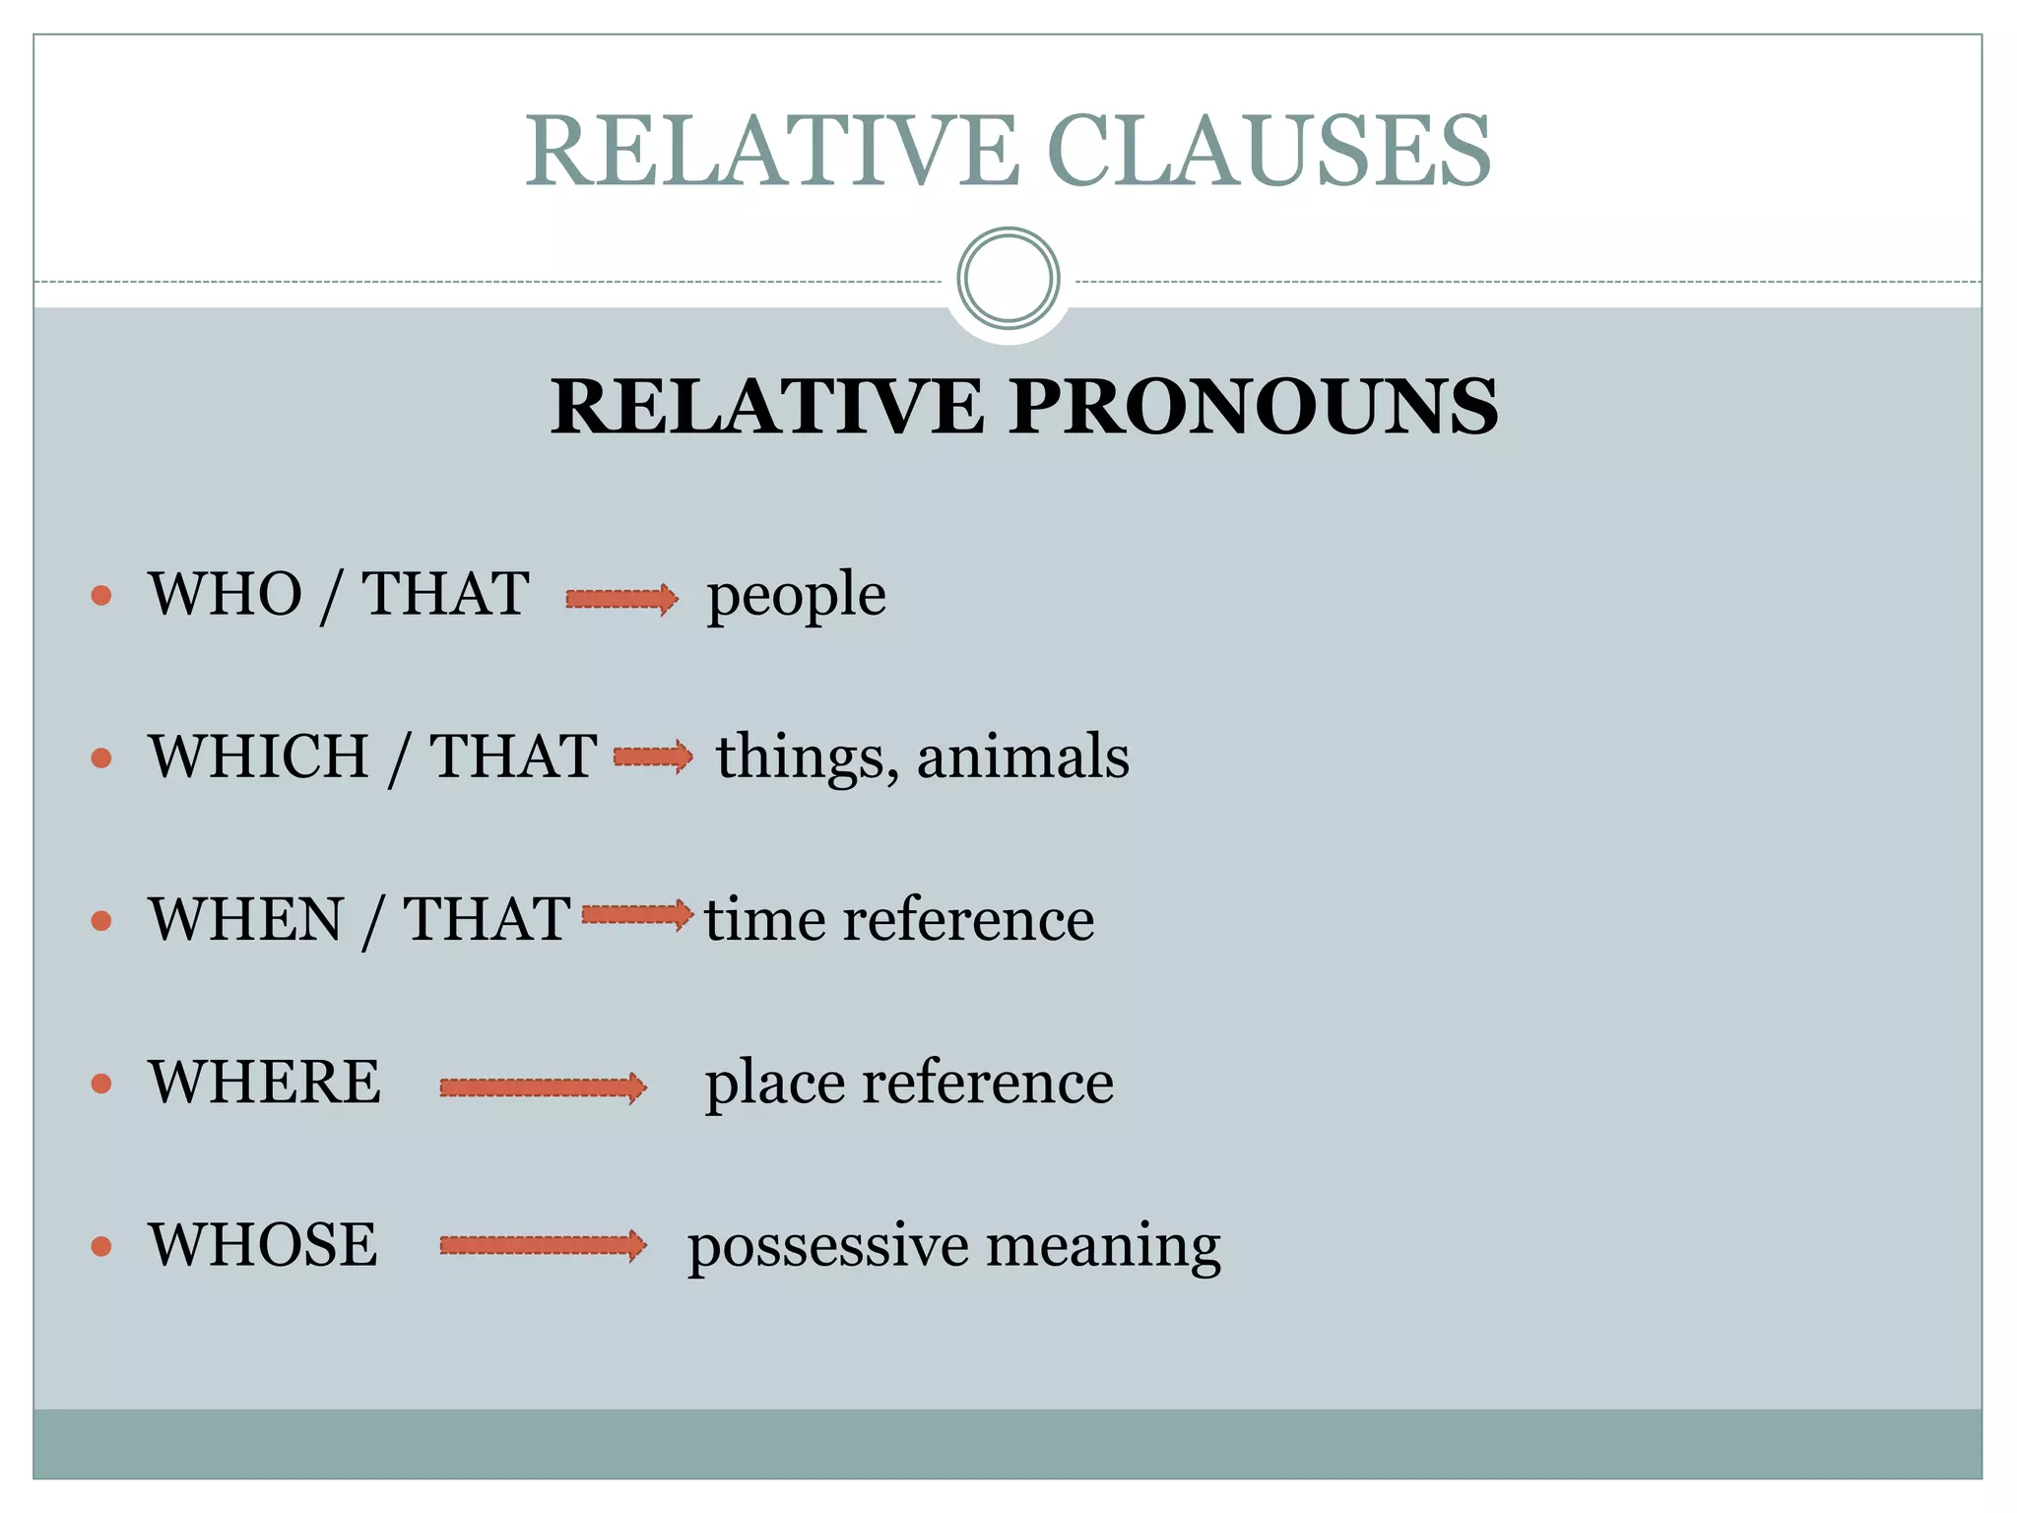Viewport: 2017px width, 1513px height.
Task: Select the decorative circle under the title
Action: pos(1008,278)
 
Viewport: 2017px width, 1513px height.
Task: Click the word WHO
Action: pos(226,594)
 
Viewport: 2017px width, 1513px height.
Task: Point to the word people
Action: pos(796,596)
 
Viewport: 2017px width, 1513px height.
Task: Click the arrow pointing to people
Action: pos(621,598)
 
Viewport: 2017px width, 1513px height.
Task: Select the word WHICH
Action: pos(258,756)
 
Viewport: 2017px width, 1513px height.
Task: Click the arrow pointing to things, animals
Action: pos(653,756)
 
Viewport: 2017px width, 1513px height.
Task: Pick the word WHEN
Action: pos(246,919)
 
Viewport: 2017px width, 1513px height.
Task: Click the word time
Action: pos(764,919)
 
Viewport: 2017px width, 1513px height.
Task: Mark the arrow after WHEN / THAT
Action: pos(637,915)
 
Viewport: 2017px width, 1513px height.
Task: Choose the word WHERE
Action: pos(264,1082)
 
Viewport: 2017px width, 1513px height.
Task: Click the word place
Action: pos(774,1084)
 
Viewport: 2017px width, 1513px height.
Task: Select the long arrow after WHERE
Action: pos(543,1087)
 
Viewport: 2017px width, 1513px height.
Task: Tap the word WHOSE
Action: pos(263,1244)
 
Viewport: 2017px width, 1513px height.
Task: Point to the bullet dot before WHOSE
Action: pos(101,1247)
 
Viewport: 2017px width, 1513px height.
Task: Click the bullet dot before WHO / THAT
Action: pos(101,595)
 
